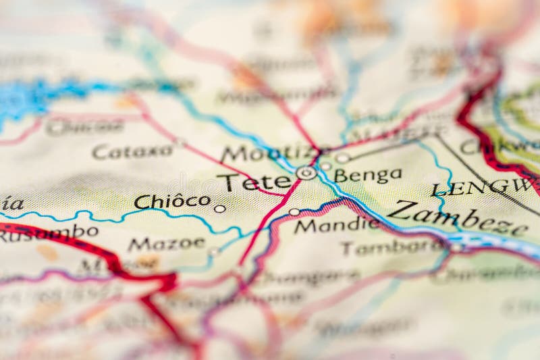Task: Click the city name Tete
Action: click(254, 182)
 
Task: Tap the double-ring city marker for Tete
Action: click(306, 173)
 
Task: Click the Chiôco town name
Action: click(172, 201)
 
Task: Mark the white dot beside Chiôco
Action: click(219, 209)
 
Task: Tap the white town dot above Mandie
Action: click(294, 212)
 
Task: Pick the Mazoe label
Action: click(166, 243)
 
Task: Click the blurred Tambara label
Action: click(391, 247)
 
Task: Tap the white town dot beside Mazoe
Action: click(214, 251)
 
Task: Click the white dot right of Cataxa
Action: click(180, 142)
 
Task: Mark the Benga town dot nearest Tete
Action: click(325, 165)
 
